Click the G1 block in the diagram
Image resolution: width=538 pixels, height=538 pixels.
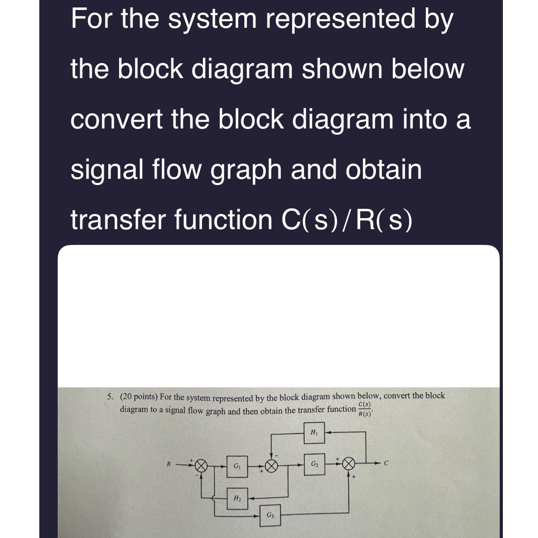(236, 466)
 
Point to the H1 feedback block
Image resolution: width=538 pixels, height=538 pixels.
(314, 433)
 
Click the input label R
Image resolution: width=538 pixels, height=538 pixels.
(169, 464)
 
